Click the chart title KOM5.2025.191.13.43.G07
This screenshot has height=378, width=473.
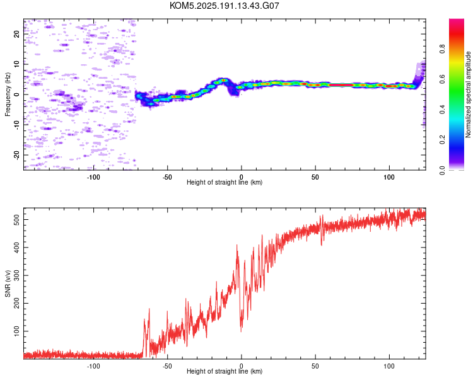point(224,6)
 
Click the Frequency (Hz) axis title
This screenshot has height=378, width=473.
point(8,94)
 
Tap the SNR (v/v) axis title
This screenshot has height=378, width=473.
point(8,283)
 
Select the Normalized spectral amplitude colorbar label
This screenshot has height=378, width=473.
point(468,94)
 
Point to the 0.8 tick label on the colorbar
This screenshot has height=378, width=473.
point(442,49)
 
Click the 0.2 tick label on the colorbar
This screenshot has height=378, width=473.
point(442,140)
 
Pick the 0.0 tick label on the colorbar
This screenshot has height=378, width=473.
point(442,170)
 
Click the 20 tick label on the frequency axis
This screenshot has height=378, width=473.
point(16,34)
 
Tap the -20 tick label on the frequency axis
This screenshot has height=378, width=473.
point(16,155)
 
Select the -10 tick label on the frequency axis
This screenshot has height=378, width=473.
point(16,125)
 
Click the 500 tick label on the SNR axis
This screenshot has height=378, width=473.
point(16,219)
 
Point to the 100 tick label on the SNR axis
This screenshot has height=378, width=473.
point(16,331)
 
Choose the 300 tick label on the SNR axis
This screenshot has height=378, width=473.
point(16,275)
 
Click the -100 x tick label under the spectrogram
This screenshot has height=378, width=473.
point(93,177)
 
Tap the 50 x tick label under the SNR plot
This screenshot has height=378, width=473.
point(315,366)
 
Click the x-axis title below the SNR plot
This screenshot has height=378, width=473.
point(225,371)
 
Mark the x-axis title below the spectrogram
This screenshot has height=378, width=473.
point(225,182)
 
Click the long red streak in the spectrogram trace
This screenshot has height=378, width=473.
point(341,85)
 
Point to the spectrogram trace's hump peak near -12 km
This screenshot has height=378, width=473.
point(223,80)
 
